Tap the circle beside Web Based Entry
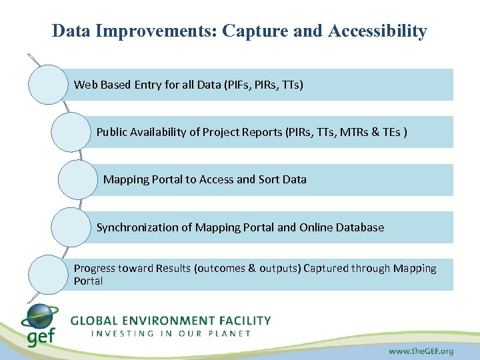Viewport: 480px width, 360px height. coord(48,85)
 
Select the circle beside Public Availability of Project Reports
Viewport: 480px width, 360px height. coord(71,132)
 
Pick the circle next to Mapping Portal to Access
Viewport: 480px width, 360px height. coord(77,179)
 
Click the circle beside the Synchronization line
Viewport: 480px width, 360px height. coord(71,227)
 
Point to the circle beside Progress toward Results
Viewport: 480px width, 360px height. coord(48,274)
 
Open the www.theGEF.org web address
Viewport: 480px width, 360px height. coord(421,350)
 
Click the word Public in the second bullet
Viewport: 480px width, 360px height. coord(111,132)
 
